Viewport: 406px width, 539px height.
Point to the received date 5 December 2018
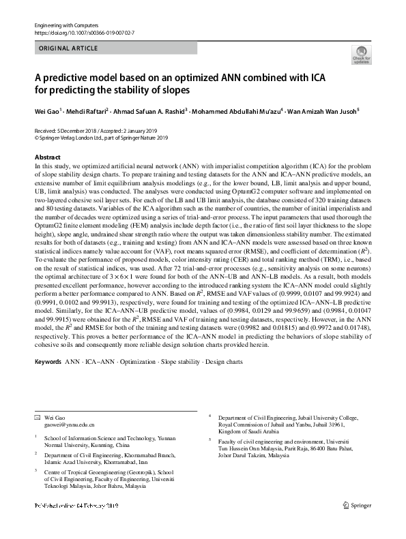click(81, 129)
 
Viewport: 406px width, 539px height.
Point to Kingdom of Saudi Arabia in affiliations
click(248, 431)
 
